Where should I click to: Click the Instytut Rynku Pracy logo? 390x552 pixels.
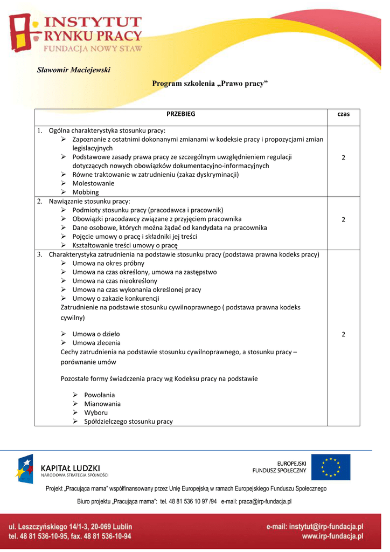click(75, 34)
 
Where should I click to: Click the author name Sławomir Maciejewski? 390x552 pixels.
click(73, 70)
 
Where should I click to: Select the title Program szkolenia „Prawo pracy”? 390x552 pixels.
click(210, 84)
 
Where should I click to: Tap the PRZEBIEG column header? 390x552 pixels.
click(181, 114)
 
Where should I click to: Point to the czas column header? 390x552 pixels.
click(343, 114)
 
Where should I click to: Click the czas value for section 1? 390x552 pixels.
click(343, 157)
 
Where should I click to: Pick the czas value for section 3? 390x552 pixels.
click(343, 334)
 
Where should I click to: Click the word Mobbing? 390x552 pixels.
click(86, 192)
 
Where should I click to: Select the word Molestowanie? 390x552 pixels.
click(93, 183)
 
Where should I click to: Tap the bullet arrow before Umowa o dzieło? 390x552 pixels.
click(64, 334)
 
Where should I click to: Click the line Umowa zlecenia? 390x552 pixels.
click(96, 343)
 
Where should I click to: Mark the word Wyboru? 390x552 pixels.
click(96, 412)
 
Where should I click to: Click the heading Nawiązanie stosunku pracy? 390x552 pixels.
click(86, 201)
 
